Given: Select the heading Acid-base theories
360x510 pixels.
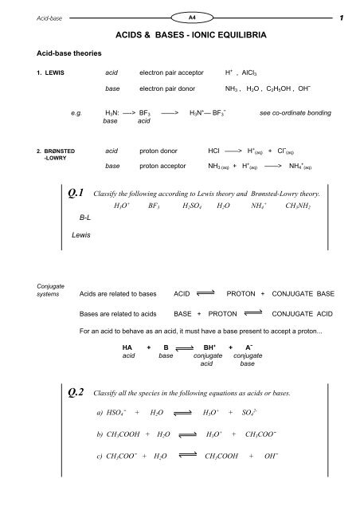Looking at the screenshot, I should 57,56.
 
